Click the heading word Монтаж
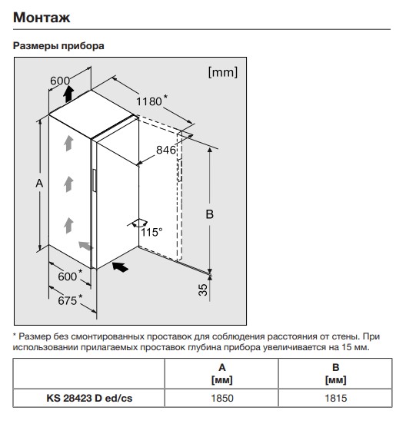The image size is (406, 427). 42,18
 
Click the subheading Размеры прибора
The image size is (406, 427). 58,45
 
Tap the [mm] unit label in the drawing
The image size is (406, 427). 222,72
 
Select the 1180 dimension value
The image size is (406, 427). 149,101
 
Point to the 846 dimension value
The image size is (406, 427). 166,150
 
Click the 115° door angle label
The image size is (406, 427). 151,232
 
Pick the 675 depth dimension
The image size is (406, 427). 67,300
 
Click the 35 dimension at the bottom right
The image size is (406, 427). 203,290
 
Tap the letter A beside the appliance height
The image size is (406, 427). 39,184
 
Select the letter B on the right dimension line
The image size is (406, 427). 209,214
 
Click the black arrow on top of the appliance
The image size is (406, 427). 68,94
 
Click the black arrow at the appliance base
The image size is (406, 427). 120,267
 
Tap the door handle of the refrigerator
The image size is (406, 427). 95,180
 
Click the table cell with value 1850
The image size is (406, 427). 222,398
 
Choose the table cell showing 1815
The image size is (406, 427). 336,398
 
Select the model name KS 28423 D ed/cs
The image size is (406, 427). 89,398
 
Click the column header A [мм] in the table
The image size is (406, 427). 222,373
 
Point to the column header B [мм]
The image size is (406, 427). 336,373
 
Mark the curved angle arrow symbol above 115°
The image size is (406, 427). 140,223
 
